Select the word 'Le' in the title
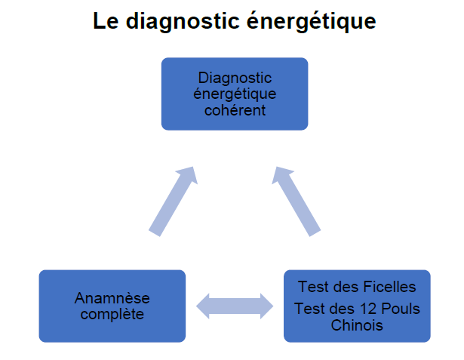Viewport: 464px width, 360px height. pyautogui.click(x=105, y=21)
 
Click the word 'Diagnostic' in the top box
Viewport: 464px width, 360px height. pyautogui.click(x=235, y=78)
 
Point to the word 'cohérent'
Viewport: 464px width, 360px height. pyautogui.click(x=235, y=109)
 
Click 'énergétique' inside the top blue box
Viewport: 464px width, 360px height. pyautogui.click(x=235, y=94)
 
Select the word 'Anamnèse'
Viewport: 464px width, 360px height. pyautogui.click(x=112, y=298)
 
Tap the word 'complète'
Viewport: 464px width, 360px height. pyautogui.click(x=112, y=314)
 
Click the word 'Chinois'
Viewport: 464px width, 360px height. pyautogui.click(x=357, y=325)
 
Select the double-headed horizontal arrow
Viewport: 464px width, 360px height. pyautogui.click(x=235, y=306)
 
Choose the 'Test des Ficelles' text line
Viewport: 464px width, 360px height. pyautogui.click(x=357, y=287)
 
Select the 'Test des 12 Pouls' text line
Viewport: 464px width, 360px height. pyautogui.click(x=357, y=309)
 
